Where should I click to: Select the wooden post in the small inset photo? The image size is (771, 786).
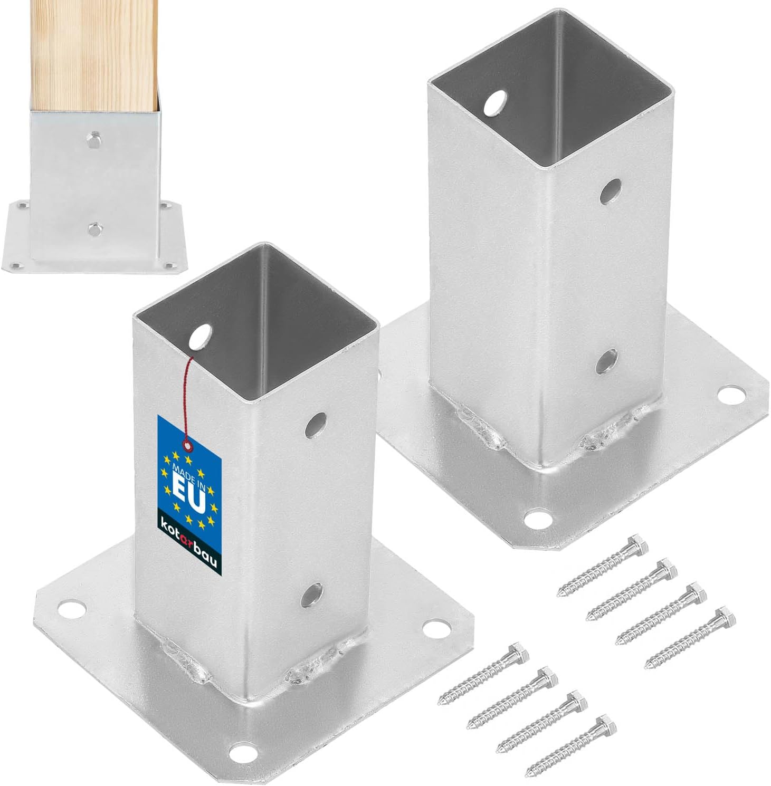[x=94, y=53]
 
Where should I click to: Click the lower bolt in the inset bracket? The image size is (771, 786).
[x=94, y=228]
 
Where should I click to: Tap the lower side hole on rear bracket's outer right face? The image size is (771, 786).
[x=606, y=360]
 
